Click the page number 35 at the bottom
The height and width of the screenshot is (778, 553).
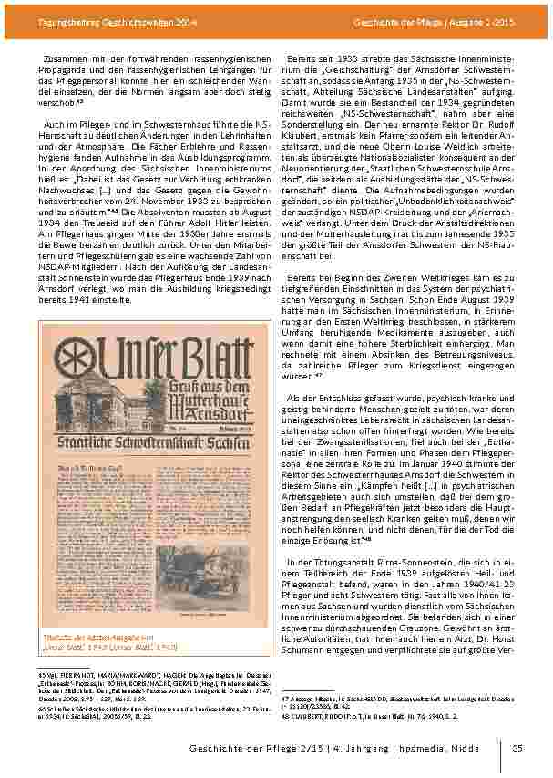point(517,749)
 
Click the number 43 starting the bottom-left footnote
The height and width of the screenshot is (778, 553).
point(41,672)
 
